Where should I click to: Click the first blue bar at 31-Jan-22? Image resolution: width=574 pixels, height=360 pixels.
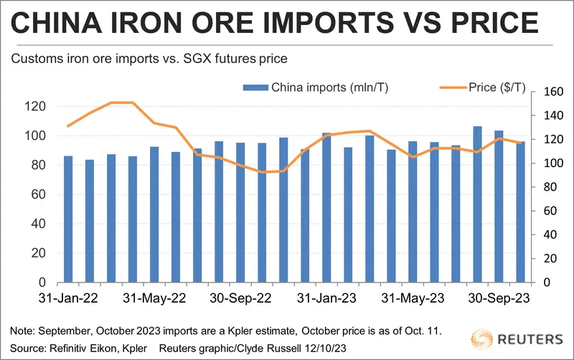pos(68,219)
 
